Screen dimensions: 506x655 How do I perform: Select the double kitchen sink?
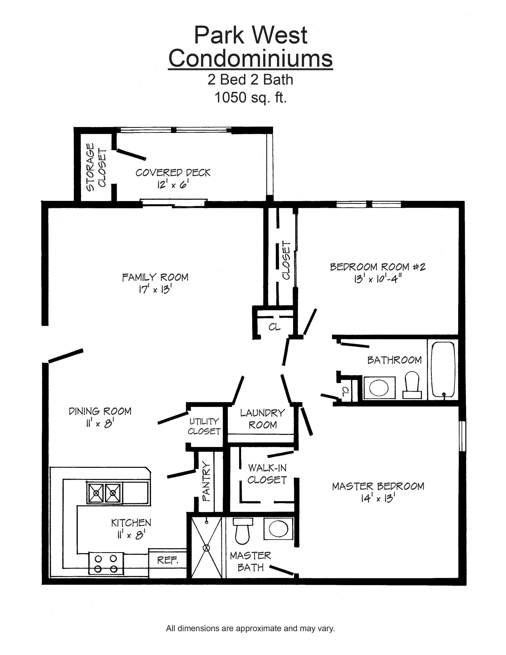coord(104,492)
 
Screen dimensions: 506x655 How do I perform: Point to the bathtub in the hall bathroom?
coord(443,370)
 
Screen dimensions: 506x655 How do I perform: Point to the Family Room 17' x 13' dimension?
coord(155,289)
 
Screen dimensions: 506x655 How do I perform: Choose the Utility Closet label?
coord(204,426)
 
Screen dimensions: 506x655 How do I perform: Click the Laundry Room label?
coord(262,419)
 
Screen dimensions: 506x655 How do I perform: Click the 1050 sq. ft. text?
coord(250,98)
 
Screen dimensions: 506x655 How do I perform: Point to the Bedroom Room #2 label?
coord(378,267)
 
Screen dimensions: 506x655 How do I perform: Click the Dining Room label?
coord(100,411)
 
